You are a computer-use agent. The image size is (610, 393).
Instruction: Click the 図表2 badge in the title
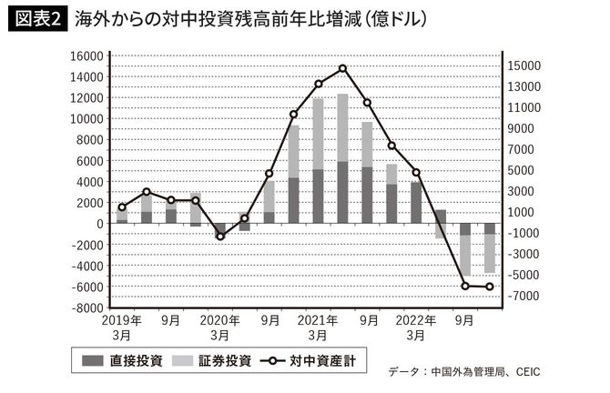[36, 19]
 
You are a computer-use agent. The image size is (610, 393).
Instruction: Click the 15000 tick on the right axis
[526, 65]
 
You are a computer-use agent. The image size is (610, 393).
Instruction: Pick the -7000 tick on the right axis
[525, 297]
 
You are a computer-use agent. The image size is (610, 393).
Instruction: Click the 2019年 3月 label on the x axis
[121, 327]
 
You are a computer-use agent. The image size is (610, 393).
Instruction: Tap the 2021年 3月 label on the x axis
[318, 327]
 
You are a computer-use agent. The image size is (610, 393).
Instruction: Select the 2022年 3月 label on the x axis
[416, 327]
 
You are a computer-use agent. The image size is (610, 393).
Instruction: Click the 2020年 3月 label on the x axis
[219, 327]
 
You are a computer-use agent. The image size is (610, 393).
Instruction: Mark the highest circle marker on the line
[342, 68]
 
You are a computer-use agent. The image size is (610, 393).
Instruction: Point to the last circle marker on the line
[490, 287]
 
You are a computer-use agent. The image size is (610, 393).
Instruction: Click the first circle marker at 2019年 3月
[122, 207]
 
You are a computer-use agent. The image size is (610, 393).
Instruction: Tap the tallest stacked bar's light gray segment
[342, 127]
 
